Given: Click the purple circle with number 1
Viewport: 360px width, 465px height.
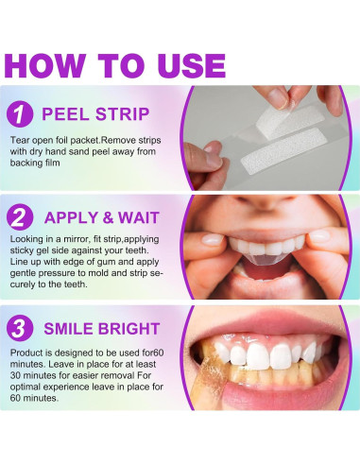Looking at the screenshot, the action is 20,114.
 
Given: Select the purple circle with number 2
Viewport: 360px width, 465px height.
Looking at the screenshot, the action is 20,217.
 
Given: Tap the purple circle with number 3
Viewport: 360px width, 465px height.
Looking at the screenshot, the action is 20,328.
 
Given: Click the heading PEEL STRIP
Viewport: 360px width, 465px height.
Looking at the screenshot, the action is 95,114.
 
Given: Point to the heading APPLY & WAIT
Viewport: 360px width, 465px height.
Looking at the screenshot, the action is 102,217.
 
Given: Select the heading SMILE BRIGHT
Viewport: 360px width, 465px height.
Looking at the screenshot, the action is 102,329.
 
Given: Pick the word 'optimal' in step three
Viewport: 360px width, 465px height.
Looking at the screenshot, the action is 26,387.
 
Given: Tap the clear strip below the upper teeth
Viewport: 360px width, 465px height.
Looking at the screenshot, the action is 266,260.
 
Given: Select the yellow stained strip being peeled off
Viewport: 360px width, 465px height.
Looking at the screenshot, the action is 211,375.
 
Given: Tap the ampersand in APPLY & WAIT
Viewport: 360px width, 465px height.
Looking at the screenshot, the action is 108,217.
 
